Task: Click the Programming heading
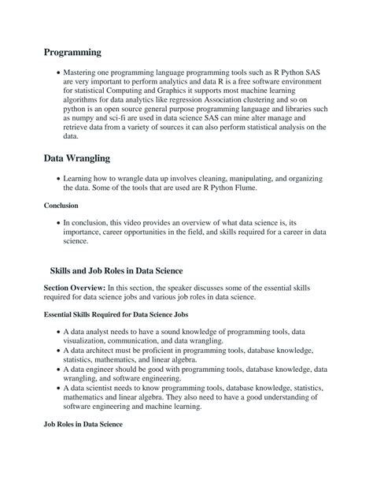pos(72,52)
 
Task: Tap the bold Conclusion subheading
pos(61,206)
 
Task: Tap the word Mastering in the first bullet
pos(85,73)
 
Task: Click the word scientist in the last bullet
pos(104,389)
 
